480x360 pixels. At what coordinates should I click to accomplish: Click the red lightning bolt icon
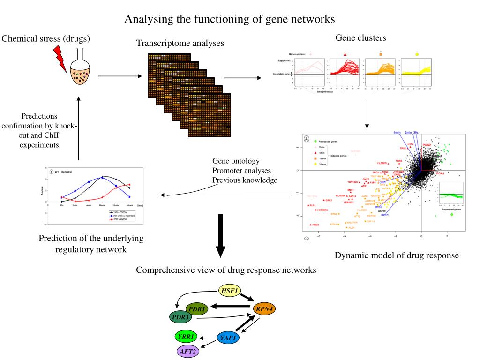click(x=61, y=55)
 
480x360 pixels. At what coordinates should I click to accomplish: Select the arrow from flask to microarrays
click(x=120, y=76)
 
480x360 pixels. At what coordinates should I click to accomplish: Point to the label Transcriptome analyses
click(x=180, y=44)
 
